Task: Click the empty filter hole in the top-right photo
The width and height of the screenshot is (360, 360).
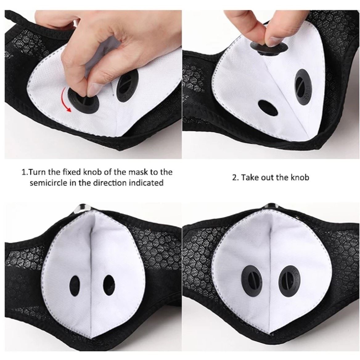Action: [x=268, y=108]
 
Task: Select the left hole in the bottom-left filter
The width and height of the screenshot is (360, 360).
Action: [x=74, y=285]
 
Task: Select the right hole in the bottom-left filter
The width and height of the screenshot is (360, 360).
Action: [x=109, y=285]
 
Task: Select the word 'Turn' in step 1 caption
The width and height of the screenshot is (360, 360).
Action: [x=35, y=172]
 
